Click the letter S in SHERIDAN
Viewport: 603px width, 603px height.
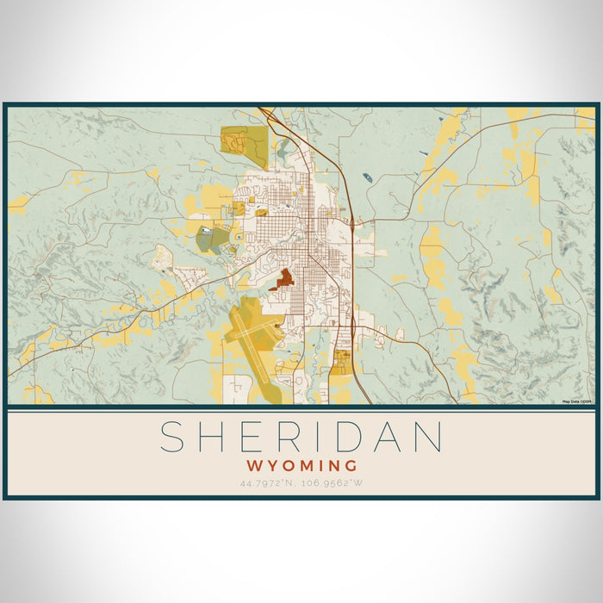(x=175, y=437)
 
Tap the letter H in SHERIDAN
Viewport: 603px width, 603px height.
(x=216, y=437)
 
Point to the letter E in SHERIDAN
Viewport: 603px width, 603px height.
(x=256, y=437)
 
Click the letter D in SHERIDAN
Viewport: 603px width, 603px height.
(x=355, y=437)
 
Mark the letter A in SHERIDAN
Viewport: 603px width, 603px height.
(x=392, y=437)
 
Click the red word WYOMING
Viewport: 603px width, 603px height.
(x=301, y=466)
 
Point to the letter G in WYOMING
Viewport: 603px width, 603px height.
(x=350, y=466)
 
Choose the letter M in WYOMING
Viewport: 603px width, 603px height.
(x=303, y=466)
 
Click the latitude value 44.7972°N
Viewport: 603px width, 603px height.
(x=270, y=483)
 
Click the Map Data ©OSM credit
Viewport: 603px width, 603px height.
(x=577, y=401)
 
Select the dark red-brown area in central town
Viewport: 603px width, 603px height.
(x=283, y=279)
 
